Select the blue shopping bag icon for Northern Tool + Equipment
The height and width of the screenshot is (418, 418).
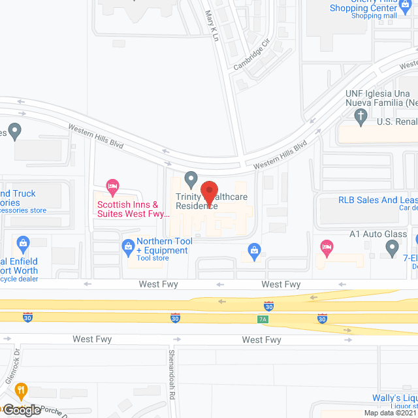pos(128,246)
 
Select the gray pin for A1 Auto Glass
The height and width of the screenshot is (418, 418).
pos(392,248)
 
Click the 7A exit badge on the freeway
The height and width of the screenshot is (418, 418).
pos(261,318)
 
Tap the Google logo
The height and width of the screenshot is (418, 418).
pos(22,410)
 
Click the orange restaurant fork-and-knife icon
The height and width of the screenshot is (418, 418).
pos(22,391)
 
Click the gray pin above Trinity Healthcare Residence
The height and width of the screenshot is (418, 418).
pos(191,178)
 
